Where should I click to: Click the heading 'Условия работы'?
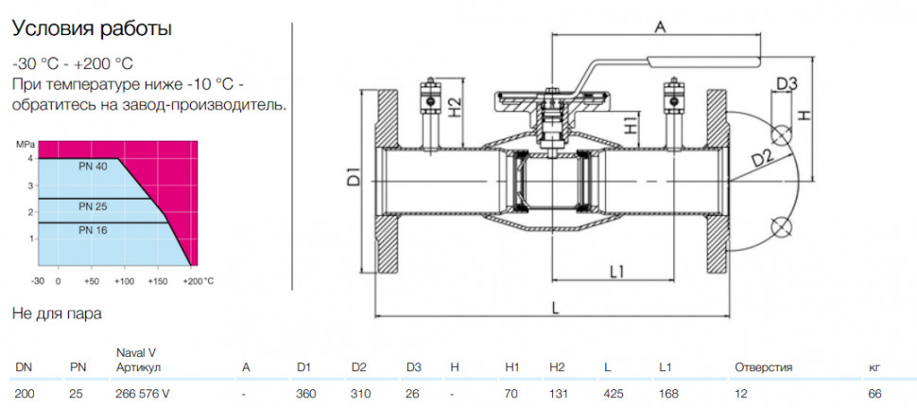(92, 29)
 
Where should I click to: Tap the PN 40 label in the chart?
(94, 167)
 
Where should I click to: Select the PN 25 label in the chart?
(94, 206)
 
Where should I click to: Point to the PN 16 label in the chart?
(94, 231)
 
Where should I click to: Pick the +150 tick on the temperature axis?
(158, 281)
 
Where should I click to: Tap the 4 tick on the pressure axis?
(29, 159)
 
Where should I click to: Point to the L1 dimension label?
(617, 272)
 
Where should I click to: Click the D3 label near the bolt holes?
(787, 83)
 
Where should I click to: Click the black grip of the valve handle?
(704, 59)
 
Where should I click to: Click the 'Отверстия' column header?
(763, 367)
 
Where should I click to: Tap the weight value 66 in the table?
(874, 394)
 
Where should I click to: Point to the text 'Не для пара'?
(57, 313)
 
